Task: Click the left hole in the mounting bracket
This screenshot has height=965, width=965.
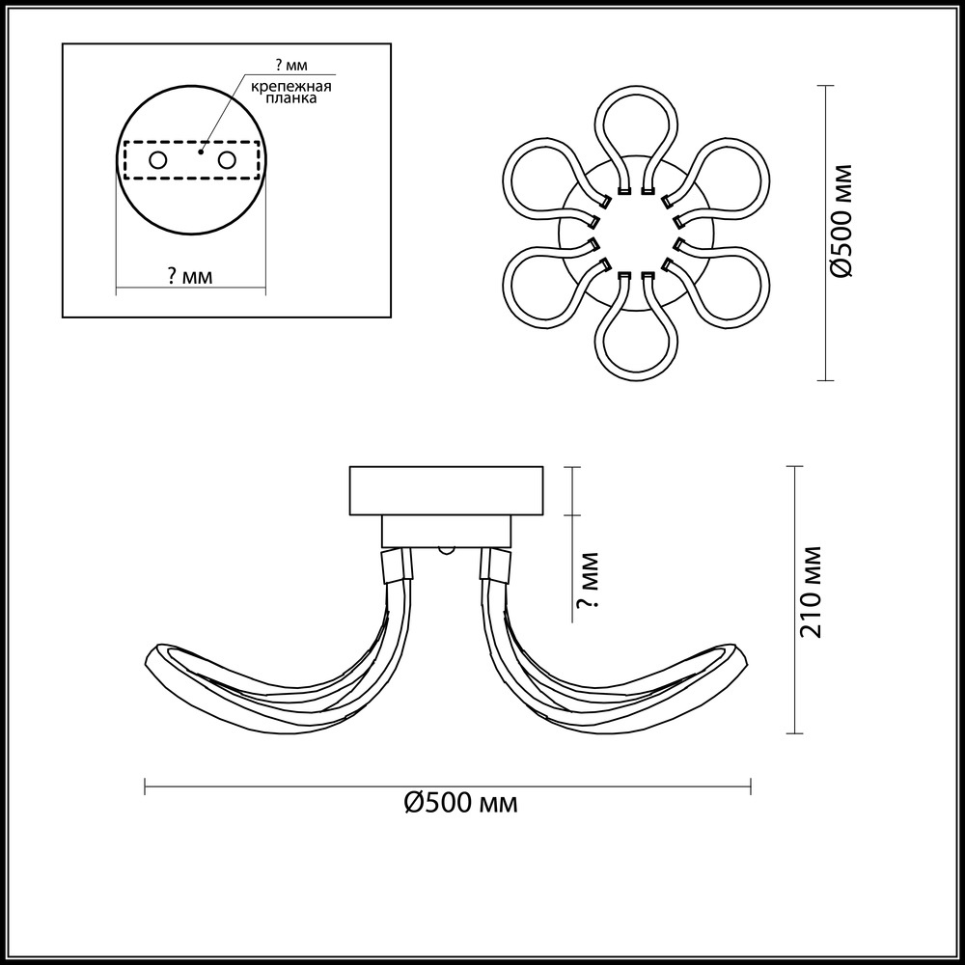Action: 158,160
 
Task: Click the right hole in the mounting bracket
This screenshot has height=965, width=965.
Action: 227,160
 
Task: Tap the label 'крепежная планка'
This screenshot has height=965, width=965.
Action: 291,92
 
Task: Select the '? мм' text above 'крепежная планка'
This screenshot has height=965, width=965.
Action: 291,66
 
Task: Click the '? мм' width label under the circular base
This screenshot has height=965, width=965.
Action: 190,277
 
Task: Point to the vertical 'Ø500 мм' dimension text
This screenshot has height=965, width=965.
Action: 841,221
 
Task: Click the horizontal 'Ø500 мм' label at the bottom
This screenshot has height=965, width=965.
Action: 461,803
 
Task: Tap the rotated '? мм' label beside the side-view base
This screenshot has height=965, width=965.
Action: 588,579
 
